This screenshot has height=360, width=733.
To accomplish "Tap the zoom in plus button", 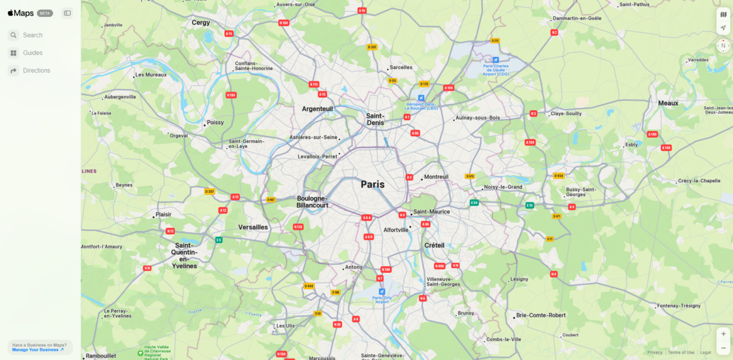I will click(723, 334).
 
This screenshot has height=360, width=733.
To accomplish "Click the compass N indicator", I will click(723, 46).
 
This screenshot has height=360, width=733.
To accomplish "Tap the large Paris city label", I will click(373, 185).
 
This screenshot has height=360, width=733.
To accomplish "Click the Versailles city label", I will click(253, 227).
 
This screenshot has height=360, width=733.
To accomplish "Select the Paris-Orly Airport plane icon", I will click(382, 292).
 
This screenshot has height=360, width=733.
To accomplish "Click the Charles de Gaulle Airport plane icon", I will click(496, 60).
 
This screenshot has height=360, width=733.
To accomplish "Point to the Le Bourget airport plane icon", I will click(421, 98).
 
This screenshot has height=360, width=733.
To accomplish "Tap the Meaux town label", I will click(668, 103).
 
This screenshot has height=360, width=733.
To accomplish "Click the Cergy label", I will click(200, 23).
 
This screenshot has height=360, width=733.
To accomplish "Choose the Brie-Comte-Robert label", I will click(541, 315).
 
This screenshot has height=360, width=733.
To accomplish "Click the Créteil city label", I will click(434, 245).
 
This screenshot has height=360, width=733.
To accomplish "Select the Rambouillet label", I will click(101, 356).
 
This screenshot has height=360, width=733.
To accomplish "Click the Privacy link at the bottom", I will click(655, 352).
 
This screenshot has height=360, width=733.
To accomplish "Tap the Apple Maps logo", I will click(21, 13).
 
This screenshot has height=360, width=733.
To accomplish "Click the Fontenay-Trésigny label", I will click(678, 306).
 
